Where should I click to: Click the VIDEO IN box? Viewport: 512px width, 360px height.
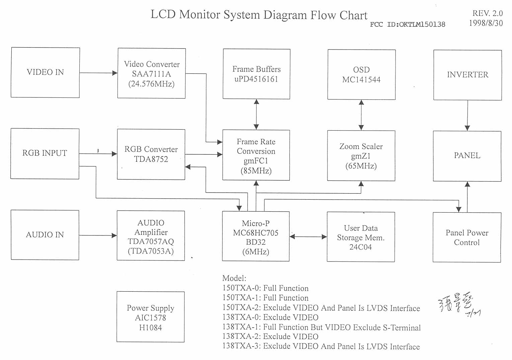(45, 72)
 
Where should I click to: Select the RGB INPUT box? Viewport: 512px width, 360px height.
(45, 153)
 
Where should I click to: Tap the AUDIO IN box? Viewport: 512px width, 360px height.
(45, 235)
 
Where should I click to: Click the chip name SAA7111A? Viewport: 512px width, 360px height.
(151, 74)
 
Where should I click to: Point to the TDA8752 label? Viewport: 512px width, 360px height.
(151, 159)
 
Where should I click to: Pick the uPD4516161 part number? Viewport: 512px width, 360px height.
(256, 79)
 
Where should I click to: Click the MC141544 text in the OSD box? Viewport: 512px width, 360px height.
(361, 80)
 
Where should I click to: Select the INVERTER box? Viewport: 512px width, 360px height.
(467, 75)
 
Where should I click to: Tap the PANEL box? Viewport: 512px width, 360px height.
(467, 156)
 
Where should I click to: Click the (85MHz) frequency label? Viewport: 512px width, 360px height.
(256, 171)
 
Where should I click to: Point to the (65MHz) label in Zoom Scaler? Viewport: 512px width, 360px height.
(361, 166)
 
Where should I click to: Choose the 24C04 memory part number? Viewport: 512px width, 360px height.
(361, 247)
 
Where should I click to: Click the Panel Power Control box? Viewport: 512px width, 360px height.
(467, 237)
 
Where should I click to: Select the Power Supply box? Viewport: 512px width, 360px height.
(150, 317)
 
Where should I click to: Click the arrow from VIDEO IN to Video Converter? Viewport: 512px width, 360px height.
(98, 73)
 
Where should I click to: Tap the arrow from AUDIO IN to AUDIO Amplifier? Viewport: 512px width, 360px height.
(98, 235)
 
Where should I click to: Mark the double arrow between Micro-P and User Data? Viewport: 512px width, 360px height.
(308, 237)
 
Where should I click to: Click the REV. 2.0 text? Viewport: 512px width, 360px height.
(487, 13)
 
